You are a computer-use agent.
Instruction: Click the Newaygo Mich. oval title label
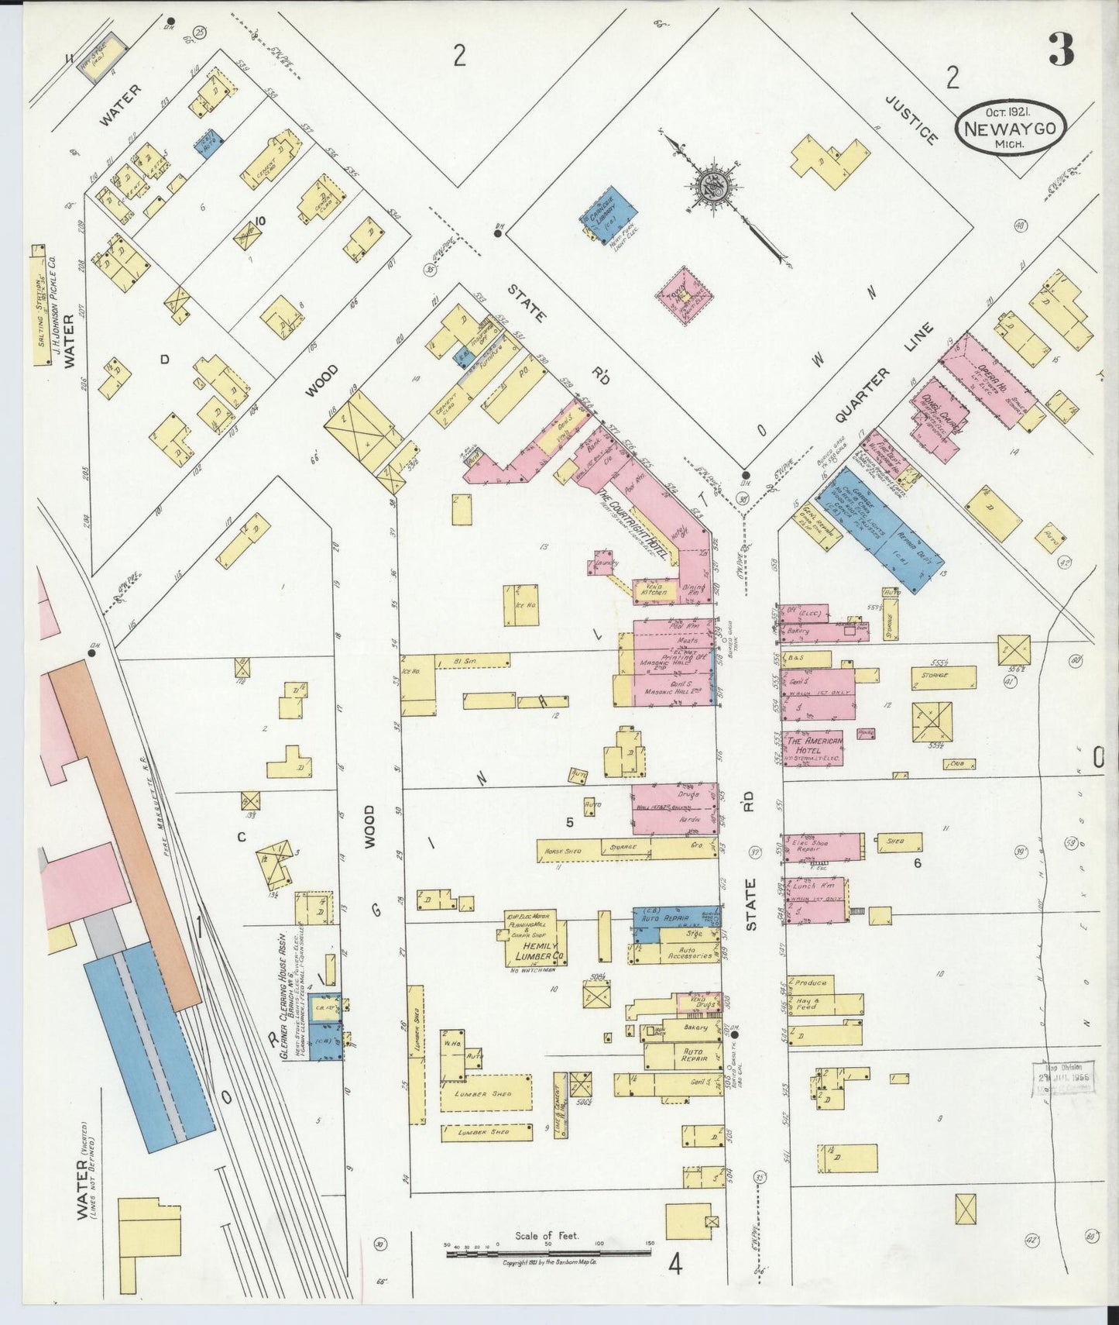1014,131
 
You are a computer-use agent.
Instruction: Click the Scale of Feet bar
548,1251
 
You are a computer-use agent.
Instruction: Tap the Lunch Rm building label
814,885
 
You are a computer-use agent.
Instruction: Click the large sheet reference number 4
675,1266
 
